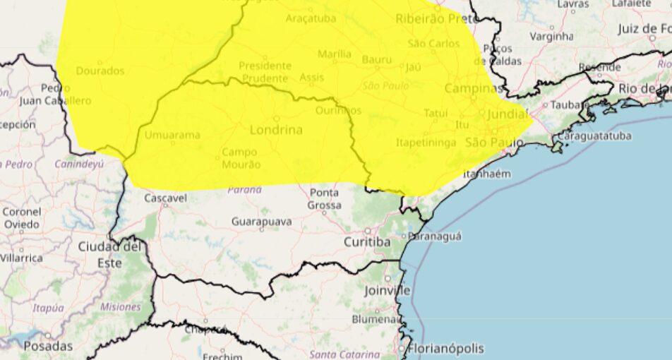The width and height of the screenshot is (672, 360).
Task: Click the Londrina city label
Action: pos(276,130)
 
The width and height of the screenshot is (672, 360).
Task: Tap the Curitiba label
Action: pos(366,242)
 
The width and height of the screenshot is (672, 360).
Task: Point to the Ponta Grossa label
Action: pos(324,198)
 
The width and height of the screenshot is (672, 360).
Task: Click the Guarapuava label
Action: pos(261,222)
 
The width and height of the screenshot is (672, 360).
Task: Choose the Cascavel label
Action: pos(165,198)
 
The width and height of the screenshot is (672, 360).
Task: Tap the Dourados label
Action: pos(100,71)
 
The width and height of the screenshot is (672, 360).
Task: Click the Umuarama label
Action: pos(172,135)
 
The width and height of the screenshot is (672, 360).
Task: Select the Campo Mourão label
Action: pos(241,158)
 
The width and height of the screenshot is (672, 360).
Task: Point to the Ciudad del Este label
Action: pos(109,254)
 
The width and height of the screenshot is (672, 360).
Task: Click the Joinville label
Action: pos(388,290)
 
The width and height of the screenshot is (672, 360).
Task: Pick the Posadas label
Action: pos(48,346)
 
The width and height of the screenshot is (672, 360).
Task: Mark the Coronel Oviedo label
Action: pos(21,217)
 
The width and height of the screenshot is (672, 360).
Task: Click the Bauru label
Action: pos(376,60)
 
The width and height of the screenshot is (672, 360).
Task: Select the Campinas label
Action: pos(474,89)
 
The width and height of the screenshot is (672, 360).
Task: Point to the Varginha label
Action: pos(551,36)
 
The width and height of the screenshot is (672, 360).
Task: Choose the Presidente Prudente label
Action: pos(265,72)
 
